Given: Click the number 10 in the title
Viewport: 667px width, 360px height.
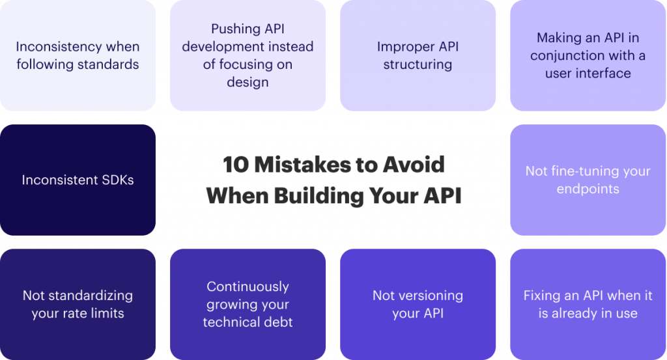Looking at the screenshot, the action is (x=236, y=165).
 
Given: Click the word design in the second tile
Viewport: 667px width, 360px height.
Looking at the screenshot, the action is (x=248, y=82).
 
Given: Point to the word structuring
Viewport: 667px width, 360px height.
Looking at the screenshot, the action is (x=418, y=64).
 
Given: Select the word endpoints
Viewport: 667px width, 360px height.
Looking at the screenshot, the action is (x=588, y=189).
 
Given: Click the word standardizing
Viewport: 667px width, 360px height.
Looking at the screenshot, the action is (x=91, y=296).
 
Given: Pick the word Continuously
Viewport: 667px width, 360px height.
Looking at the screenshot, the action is (x=248, y=287).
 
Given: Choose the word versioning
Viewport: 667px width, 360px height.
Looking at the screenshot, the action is (x=431, y=296).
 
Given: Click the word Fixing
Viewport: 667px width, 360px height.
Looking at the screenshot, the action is (x=544, y=296).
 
